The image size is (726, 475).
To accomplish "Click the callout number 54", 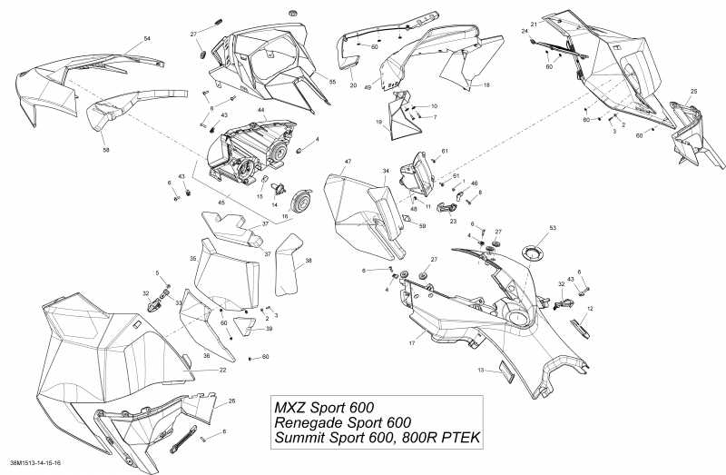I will tap(147, 39).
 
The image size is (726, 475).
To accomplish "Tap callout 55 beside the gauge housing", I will tap(332, 83).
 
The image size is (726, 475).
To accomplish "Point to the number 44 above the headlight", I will tap(260, 110).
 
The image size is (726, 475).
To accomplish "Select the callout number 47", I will tap(348, 161).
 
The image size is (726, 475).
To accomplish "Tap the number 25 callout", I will tap(694, 92).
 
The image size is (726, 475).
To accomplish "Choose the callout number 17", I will tap(411, 342).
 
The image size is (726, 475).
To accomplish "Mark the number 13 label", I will tap(483, 370).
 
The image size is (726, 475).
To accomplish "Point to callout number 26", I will tap(231, 401).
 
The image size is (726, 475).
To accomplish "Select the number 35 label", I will tap(193, 259).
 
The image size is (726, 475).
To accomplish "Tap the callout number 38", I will tap(309, 261).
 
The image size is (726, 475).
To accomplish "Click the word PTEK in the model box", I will tap(458, 439).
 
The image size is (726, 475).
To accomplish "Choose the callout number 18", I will tap(486, 84).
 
